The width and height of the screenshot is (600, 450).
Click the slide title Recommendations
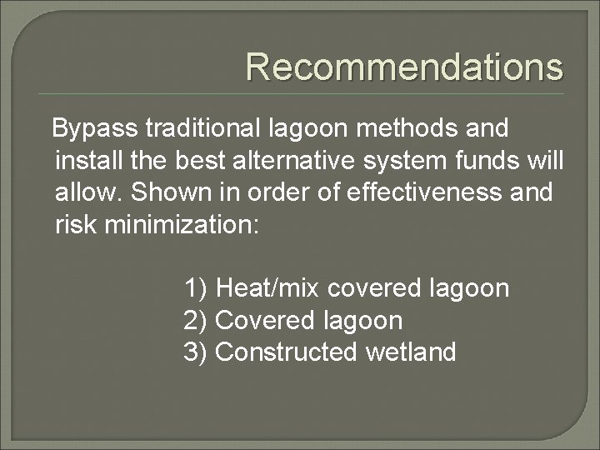[x=404, y=67]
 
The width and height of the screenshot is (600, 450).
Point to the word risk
[x=74, y=223]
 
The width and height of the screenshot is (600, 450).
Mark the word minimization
[x=182, y=223]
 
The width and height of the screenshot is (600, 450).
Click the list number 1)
[x=196, y=288]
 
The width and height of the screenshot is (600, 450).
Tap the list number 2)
[x=196, y=320]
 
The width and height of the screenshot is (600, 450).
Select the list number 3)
[x=196, y=352]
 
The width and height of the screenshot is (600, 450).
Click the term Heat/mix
[x=267, y=288]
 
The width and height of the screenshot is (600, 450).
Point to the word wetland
[x=411, y=352]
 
